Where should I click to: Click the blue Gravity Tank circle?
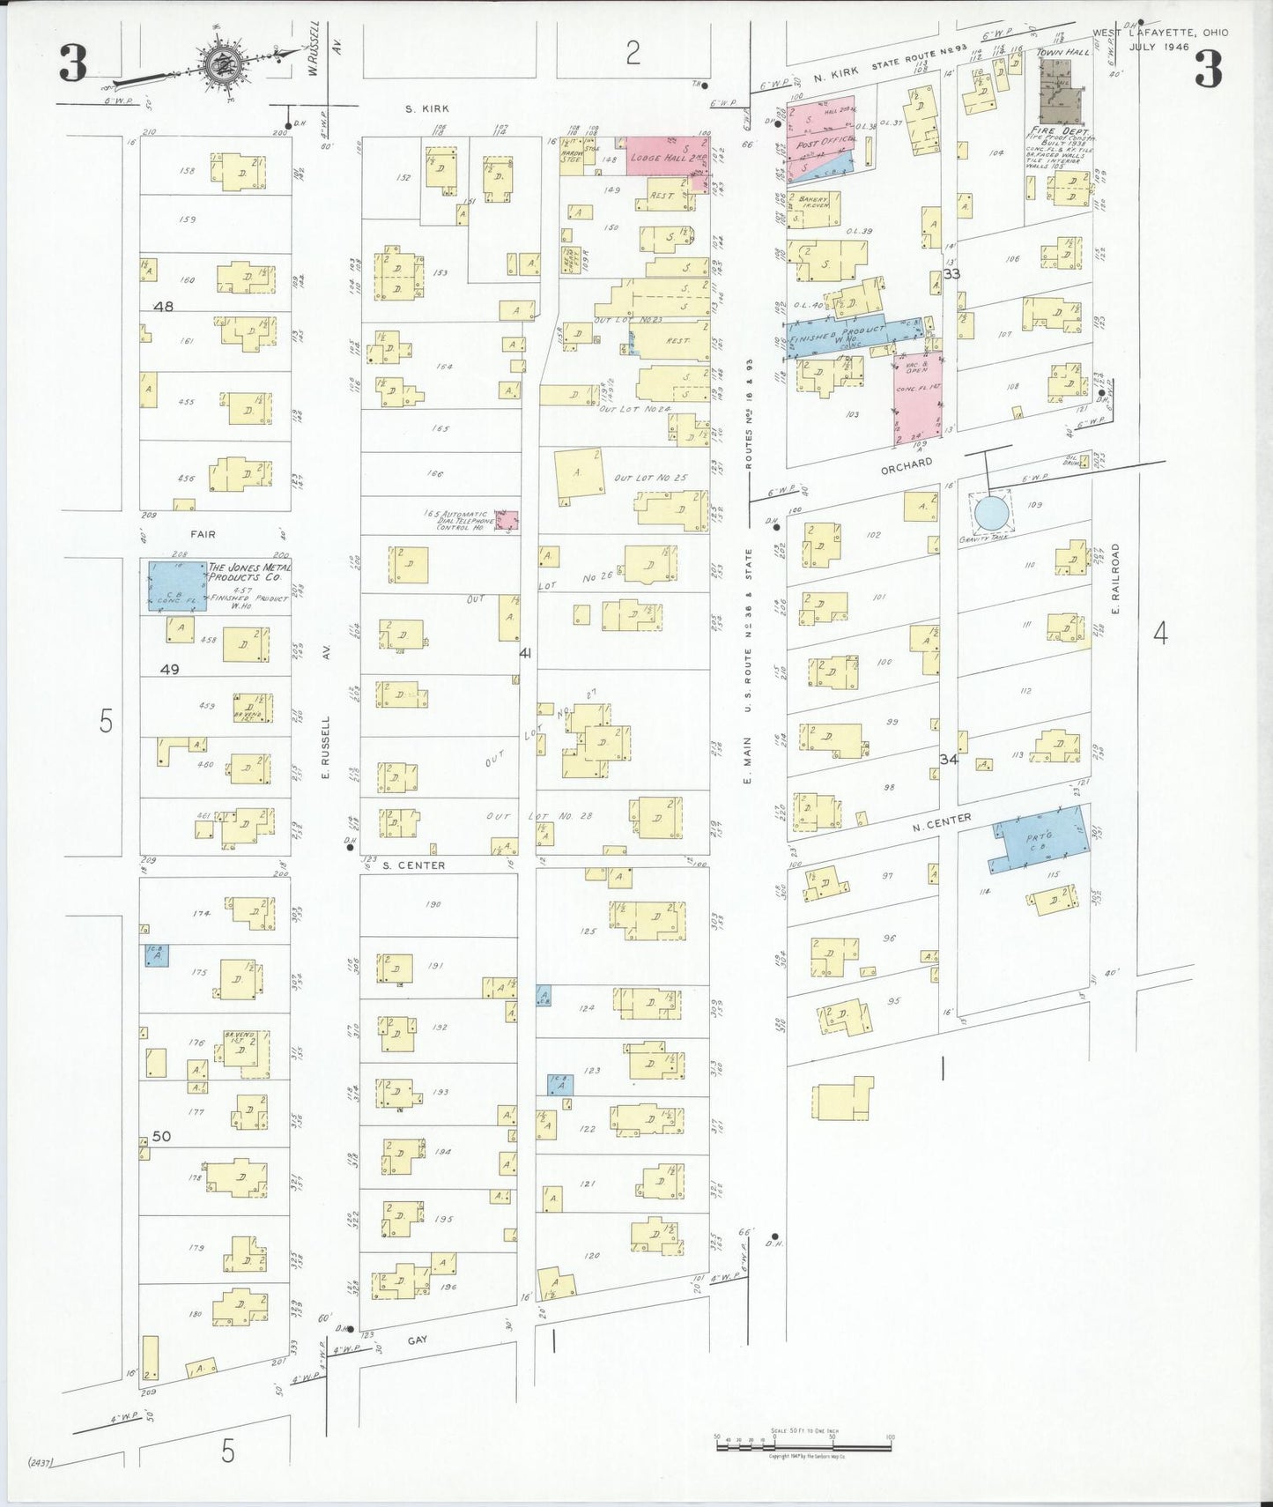(990, 511)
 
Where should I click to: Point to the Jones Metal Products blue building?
(177, 586)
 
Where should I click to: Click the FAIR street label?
(201, 534)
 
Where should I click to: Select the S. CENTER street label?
(414, 865)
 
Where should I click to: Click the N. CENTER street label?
(942, 821)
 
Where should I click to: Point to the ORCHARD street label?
(907, 466)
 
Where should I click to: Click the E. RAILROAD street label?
(1115, 578)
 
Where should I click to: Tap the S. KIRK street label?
(427, 108)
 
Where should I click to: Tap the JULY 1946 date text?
(1159, 47)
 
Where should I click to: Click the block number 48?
(164, 307)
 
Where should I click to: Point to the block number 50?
(161, 1137)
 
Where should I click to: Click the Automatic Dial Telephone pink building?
(507, 521)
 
